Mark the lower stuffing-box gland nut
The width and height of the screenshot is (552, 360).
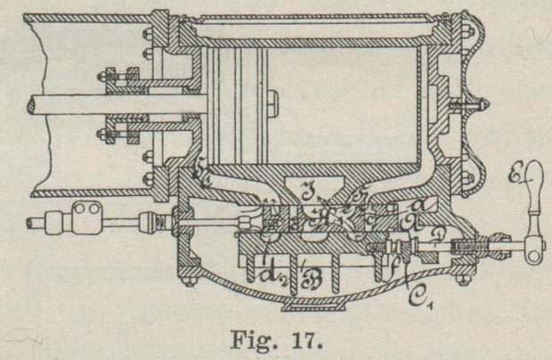click(124, 135)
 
